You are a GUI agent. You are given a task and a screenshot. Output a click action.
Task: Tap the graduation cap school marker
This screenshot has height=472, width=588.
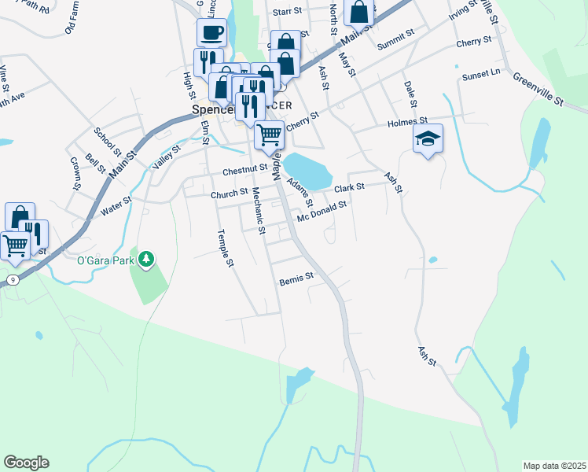(428, 139)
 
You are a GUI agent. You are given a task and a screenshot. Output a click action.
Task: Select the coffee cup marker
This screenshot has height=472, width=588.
(211, 33)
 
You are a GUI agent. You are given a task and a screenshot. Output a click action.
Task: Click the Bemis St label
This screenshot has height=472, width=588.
(296, 278)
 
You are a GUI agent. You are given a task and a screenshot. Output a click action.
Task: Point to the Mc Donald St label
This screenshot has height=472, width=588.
(322, 210)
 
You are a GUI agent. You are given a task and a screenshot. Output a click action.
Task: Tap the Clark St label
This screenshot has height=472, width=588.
(350, 188)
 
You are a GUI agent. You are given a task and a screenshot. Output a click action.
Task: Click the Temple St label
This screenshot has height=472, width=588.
(226, 247)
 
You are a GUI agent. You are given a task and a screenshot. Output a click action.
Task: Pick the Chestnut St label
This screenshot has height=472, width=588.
(245, 169)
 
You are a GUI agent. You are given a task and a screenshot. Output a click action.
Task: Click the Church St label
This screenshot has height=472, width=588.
(229, 194)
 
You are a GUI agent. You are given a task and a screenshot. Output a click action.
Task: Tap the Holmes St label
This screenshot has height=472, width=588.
(406, 123)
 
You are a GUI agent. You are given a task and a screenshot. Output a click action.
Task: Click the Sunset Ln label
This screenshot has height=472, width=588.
(482, 73)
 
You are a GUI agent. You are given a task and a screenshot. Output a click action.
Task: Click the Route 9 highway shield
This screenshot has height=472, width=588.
(13, 280)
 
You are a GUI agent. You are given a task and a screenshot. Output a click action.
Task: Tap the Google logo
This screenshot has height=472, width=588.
(26, 463)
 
